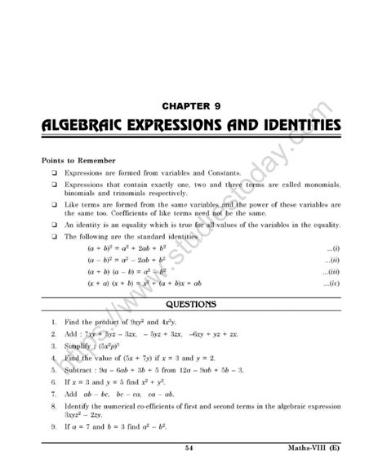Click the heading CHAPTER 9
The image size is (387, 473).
pos(193,105)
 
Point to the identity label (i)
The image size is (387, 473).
pos(332,247)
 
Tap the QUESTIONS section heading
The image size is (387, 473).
pos(193,305)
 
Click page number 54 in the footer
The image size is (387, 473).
pos(190,448)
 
